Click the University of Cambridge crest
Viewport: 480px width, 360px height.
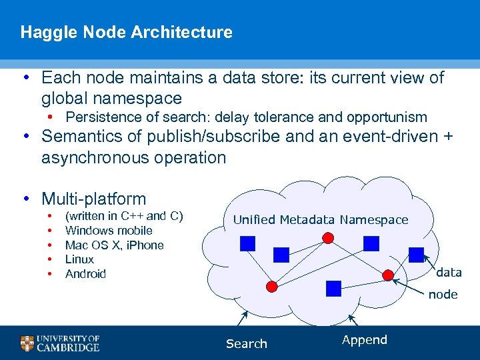point(27,343)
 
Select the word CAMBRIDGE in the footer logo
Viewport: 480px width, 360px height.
point(69,347)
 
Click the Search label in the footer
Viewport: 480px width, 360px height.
point(246,344)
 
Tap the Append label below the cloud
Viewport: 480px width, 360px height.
point(364,340)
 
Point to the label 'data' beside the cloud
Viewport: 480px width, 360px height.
point(449,272)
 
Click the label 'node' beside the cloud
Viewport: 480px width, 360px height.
point(443,294)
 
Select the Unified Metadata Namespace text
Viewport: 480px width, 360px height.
point(320,220)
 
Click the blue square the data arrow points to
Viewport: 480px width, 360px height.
point(416,255)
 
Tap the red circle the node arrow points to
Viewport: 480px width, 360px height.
point(388,274)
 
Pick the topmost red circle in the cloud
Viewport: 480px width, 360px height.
point(327,237)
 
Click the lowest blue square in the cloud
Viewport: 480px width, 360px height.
point(333,288)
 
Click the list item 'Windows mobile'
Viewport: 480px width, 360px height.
point(109,231)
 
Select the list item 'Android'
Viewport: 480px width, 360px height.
point(85,274)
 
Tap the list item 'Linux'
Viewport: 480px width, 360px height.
point(79,259)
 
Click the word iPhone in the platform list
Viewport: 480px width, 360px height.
point(145,245)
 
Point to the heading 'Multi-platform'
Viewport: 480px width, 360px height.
point(93,199)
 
